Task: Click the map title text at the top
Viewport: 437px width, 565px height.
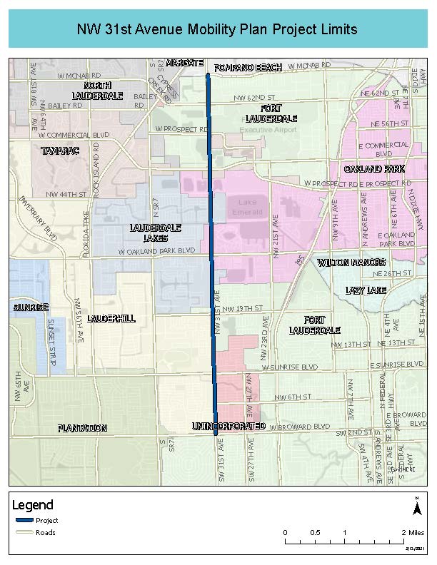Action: tap(218, 30)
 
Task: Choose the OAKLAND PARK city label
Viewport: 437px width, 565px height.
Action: tap(374, 169)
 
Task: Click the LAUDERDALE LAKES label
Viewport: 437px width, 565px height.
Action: tap(155, 233)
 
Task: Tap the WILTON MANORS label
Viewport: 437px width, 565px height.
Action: tap(351, 263)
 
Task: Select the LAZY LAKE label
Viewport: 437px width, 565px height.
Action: tap(365, 290)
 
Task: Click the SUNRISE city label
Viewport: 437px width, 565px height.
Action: tap(30, 307)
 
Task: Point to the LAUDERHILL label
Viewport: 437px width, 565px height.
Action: tap(111, 318)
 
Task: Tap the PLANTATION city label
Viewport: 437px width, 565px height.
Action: tap(83, 428)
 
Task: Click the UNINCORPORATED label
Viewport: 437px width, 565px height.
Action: tap(228, 426)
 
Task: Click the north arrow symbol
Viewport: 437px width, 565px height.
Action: tap(416, 507)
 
